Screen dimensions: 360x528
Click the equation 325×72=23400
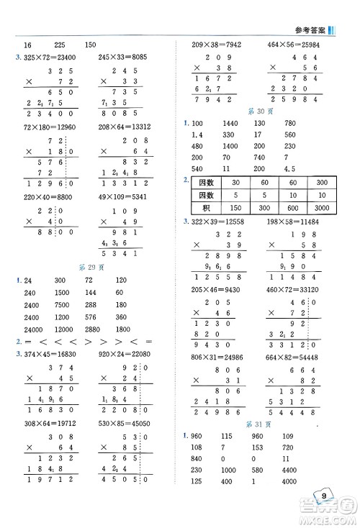tap(45, 55)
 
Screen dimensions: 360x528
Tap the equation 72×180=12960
tap(45, 125)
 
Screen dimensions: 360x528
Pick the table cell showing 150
tap(235, 208)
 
